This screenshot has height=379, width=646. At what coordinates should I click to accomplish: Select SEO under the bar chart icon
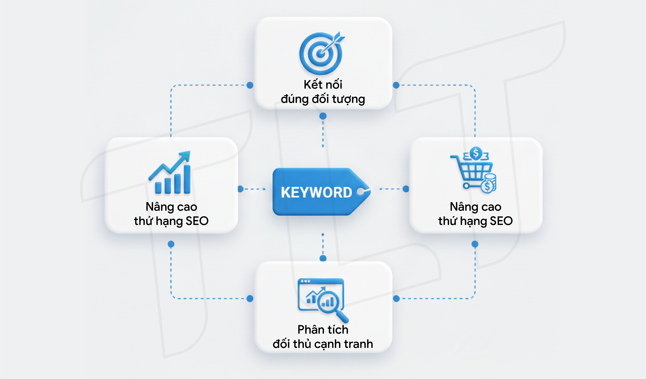pos(197,221)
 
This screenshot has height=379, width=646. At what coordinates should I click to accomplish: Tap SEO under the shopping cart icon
pos(501,221)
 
